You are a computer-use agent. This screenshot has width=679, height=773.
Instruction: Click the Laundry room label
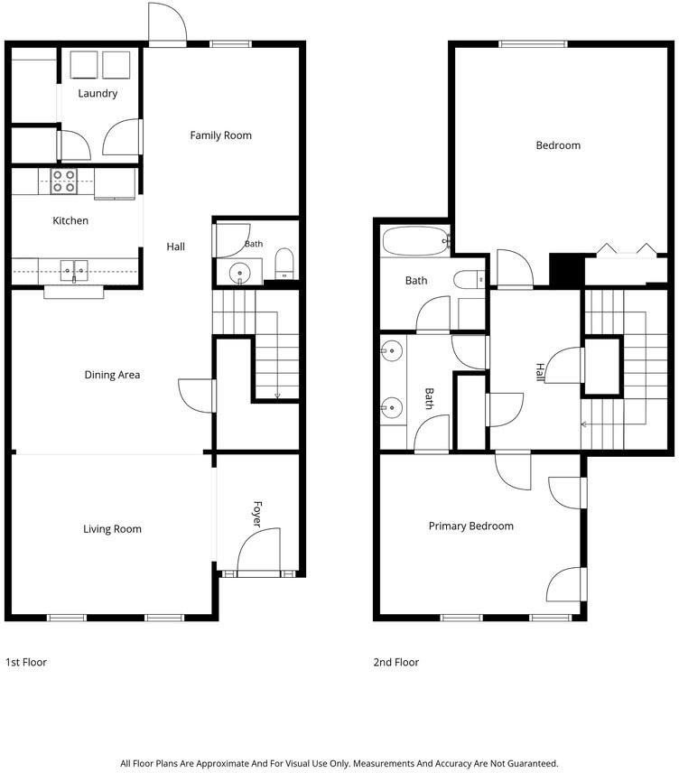[98, 93]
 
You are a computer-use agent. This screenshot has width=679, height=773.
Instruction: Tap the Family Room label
[221, 135]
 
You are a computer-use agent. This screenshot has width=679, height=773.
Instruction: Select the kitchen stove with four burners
[64, 181]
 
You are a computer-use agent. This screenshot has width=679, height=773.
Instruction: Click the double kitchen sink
[74, 271]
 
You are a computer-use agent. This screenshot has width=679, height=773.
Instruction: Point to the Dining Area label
[112, 375]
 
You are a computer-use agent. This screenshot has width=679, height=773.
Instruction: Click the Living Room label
[112, 529]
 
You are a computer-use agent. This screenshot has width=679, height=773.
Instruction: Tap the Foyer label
[257, 514]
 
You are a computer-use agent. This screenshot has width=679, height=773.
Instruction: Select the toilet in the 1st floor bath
[284, 264]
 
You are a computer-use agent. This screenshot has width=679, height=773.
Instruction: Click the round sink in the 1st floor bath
[239, 273]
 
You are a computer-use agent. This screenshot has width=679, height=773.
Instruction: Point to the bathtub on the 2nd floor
[415, 241]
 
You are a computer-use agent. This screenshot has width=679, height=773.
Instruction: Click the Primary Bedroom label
[471, 526]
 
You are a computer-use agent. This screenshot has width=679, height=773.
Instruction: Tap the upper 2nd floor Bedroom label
[558, 145]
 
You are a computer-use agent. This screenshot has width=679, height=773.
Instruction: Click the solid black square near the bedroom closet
[566, 269]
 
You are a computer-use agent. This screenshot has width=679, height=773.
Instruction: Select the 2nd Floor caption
[396, 662]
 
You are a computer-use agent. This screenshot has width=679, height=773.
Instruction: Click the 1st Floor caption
[26, 662]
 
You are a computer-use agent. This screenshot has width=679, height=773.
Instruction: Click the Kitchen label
[70, 220]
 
